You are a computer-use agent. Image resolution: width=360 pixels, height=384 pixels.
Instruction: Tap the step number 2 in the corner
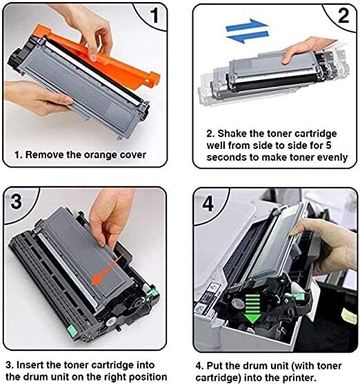pyautogui.click(x=342, y=15)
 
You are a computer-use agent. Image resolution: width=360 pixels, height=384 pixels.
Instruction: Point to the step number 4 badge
pyautogui.click(x=206, y=204)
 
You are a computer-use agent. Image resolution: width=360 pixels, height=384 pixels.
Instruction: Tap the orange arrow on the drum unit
pyautogui.click(x=104, y=279)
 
